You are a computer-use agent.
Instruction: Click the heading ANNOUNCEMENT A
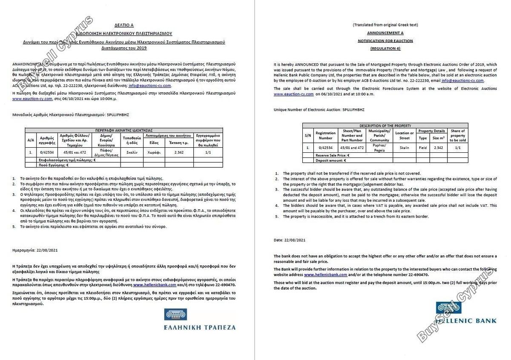(385, 33)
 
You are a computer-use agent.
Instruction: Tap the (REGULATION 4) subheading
(385, 49)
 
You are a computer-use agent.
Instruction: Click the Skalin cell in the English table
(404, 147)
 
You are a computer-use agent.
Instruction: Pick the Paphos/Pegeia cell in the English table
(379, 147)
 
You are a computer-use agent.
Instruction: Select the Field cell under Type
(422, 147)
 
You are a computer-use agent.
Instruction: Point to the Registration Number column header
(325, 135)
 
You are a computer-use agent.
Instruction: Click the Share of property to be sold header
(457, 135)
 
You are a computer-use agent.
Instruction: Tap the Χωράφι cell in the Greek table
(154, 152)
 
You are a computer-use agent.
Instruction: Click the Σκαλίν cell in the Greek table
(132, 152)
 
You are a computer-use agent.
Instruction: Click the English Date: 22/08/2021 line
(290, 240)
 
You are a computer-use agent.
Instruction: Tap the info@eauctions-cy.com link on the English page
(462, 80)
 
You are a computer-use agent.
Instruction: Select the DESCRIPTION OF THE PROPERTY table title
(385, 126)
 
